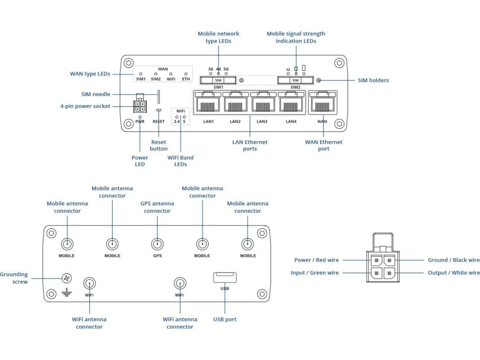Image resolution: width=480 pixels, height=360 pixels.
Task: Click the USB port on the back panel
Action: tap(225, 277)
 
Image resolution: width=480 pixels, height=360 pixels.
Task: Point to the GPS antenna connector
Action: tap(157, 244)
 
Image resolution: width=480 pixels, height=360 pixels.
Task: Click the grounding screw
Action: tap(67, 278)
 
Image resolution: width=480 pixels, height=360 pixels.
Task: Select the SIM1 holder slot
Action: tap(218, 80)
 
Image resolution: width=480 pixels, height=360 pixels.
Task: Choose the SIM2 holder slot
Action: tap(295, 80)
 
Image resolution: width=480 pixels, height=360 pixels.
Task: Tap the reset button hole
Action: tap(159, 110)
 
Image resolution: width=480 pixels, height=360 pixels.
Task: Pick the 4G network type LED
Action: tap(218, 74)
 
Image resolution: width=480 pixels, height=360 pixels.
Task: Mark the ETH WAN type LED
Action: tap(186, 74)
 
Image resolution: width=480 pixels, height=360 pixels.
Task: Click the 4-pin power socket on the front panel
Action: tap(140, 106)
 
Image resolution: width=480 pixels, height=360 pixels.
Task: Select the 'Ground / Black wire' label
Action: tap(453, 260)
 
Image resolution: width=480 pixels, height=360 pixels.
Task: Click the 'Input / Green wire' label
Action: tap(315, 273)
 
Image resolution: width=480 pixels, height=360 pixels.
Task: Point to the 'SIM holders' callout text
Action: tap(373, 80)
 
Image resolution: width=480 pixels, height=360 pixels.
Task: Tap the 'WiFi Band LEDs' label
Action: tap(180, 161)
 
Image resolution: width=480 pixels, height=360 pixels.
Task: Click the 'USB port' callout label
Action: tap(225, 319)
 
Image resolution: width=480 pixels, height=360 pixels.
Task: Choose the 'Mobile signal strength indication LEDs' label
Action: tap(296, 37)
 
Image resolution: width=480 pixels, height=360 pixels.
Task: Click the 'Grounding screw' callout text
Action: tap(14, 278)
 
